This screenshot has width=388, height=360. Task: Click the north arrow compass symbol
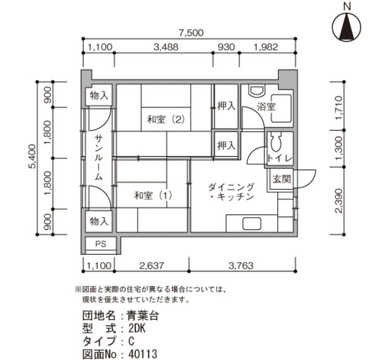[x=346, y=27]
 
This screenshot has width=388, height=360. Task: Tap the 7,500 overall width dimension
[x=191, y=33]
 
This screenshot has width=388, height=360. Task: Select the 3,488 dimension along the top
[x=166, y=47]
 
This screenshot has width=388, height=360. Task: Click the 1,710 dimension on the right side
[x=339, y=108]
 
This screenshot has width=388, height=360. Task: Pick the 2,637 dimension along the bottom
[x=152, y=266]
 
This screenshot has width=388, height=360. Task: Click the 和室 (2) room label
[x=166, y=120]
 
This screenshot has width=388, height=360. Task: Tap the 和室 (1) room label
[x=153, y=196]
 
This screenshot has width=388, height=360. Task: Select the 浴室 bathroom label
[x=266, y=107]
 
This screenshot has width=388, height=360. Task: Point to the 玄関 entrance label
[x=282, y=179]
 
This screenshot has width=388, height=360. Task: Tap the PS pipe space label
[x=100, y=244]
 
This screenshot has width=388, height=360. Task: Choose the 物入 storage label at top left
[x=99, y=95]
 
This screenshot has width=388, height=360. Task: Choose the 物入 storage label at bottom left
[x=99, y=221]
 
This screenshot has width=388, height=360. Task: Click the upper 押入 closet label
[x=226, y=106]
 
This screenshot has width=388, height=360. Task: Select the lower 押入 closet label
[x=226, y=145]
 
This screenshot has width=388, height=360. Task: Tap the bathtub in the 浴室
[x=281, y=108]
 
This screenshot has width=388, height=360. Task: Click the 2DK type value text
[x=137, y=328]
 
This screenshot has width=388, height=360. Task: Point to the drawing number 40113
[x=142, y=354]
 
